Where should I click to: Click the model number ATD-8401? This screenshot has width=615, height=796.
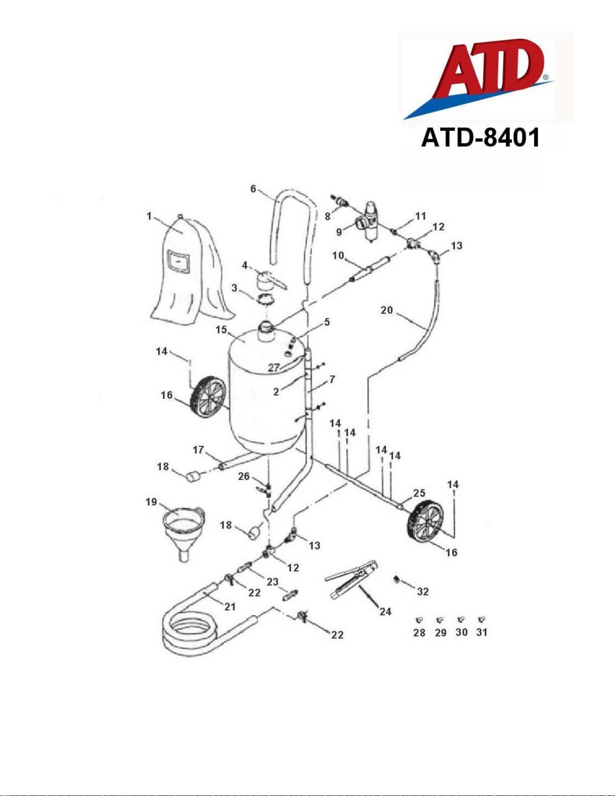coord(480,138)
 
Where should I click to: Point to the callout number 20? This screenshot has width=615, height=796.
coord(387,310)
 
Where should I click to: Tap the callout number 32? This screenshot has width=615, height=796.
coord(423,591)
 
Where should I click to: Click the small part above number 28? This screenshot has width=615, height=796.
coord(420,620)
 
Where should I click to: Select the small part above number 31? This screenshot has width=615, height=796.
coord(482,620)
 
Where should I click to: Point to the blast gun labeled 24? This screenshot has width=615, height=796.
coord(351,579)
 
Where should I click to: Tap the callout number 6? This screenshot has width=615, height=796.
coord(254,189)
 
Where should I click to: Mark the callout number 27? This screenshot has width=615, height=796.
coord(274,368)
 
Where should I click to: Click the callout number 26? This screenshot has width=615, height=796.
coord(244,476)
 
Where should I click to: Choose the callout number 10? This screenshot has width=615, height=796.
coord(338,255)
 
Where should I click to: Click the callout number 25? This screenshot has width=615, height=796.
coord(419,493)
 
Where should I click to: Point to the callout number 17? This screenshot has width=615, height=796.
coord(198,450)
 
